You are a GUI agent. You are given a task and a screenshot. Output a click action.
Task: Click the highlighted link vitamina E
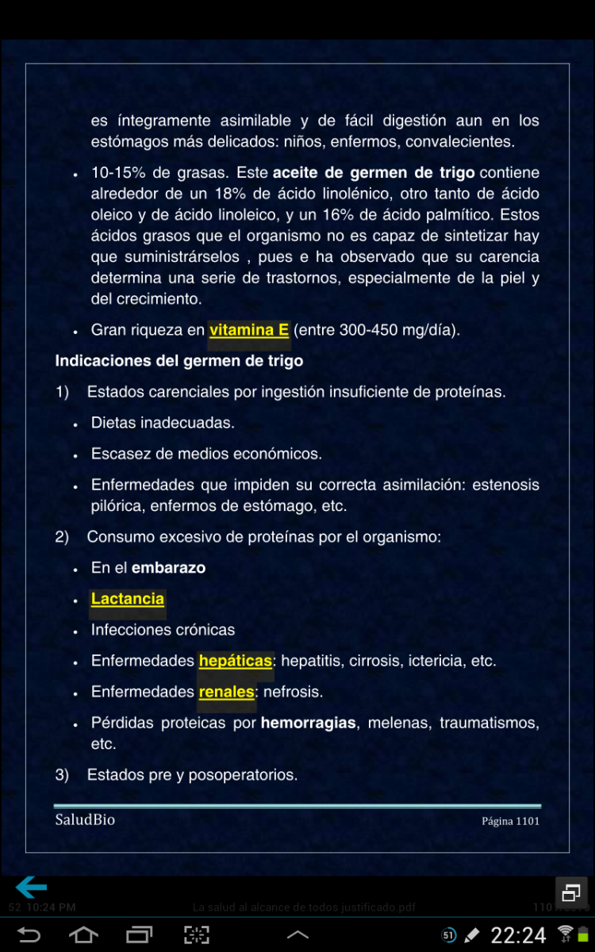pos(248,330)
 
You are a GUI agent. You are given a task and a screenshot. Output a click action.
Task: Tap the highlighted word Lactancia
pos(128,599)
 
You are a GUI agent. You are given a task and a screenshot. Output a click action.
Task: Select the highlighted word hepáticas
pos(236,661)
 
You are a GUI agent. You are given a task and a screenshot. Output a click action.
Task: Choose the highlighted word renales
pos(226,692)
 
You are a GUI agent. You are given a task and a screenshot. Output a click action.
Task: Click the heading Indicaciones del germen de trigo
pos(178,361)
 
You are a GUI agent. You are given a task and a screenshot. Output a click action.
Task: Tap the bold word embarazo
pos(168,568)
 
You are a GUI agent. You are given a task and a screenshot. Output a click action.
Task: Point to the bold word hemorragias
pos(308,724)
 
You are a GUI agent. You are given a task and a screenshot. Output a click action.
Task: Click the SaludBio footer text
pos(85,820)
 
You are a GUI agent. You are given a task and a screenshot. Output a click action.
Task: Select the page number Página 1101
pos(510,821)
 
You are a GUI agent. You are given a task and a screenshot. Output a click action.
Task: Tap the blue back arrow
pos(32,887)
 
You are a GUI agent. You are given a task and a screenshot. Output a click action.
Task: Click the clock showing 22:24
pos(518,935)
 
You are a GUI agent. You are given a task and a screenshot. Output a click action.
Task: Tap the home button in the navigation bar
pos(83,935)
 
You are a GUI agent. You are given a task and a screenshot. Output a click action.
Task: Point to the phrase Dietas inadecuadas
pos(163,423)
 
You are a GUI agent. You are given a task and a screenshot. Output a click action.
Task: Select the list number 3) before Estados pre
pos(62,775)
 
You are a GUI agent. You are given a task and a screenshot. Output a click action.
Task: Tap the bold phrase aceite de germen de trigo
pos(374,173)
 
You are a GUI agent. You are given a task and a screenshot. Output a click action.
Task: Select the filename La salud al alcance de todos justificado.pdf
pos(304,907)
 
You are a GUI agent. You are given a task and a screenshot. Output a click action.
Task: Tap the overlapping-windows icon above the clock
pos(570,892)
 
